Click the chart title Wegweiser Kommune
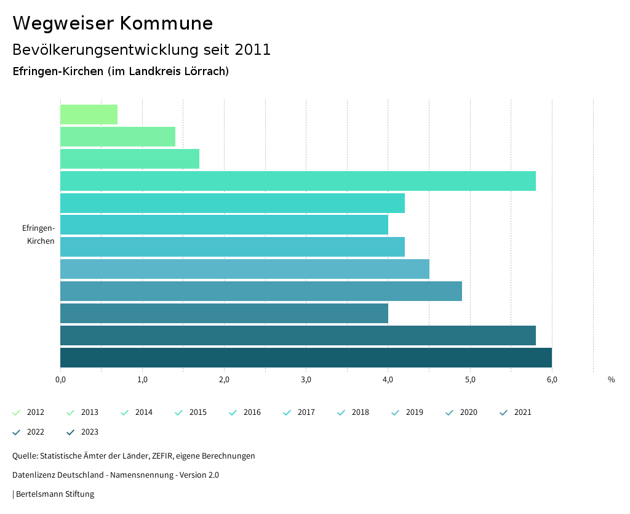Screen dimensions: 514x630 (x=113, y=23)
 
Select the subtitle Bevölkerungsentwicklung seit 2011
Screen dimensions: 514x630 (x=142, y=49)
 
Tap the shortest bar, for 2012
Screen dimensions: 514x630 (x=89, y=114)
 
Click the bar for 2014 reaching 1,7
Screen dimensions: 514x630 (x=130, y=159)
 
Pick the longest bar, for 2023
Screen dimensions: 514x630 (x=306, y=358)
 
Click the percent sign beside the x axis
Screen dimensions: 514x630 (x=611, y=380)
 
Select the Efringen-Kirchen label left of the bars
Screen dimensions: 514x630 (x=38, y=235)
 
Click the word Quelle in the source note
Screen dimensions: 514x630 (x=25, y=456)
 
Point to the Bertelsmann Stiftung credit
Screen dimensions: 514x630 (x=55, y=494)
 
